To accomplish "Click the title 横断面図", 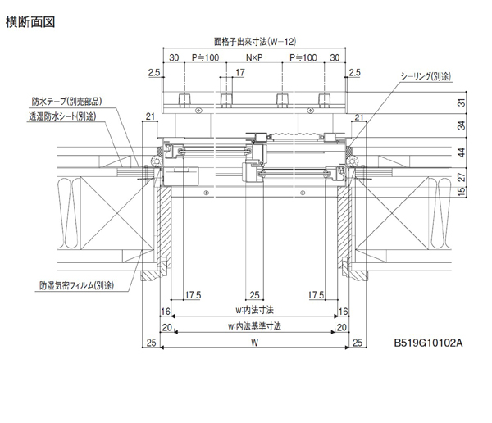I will (28, 22).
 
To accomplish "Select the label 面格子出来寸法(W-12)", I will (254, 40).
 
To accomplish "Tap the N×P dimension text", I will (254, 58).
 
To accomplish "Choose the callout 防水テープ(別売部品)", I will (66, 102).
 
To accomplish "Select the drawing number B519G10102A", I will (429, 343).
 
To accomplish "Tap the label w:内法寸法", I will (254, 310).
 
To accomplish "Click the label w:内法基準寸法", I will (254, 325).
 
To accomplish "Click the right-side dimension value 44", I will (461, 152).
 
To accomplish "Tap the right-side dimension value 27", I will (461, 177).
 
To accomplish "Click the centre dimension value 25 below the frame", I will (255, 294).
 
